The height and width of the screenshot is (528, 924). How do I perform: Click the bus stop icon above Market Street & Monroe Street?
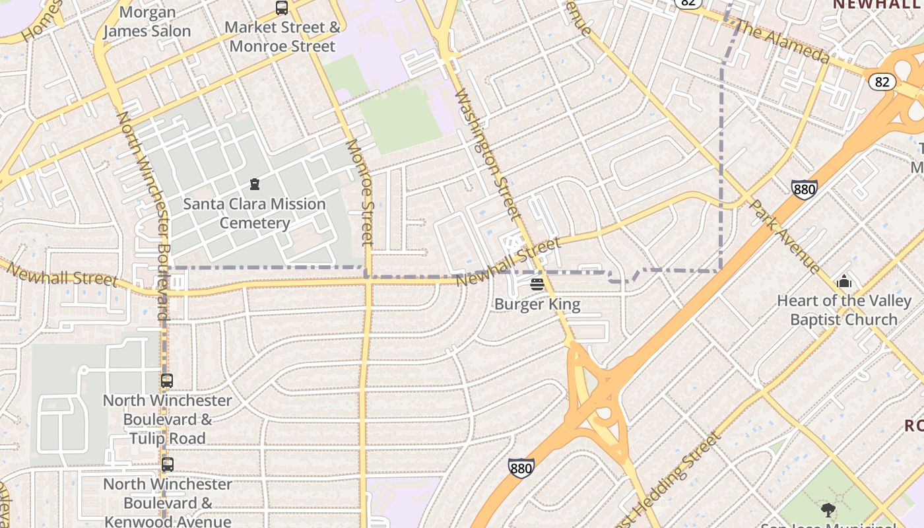coord(282,8)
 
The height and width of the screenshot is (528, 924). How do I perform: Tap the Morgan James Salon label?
coord(147,22)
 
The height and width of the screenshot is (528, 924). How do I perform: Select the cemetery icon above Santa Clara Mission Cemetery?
coord(255,184)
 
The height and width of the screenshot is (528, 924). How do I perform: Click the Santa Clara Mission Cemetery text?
coord(255,213)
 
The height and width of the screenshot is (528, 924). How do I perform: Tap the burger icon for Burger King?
coord(537,284)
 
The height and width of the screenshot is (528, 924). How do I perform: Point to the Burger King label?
coord(537,304)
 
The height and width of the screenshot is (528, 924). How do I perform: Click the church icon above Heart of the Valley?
coord(844,282)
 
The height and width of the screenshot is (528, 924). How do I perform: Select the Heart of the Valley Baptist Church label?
coord(844,310)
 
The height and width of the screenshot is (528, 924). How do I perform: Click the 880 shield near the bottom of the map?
coord(521,469)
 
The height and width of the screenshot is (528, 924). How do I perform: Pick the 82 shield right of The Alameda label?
coord(882,82)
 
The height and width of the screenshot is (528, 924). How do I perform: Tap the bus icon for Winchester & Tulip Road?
coord(167,381)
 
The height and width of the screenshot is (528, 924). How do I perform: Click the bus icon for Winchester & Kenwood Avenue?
coord(168,465)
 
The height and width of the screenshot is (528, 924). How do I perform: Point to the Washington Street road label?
coord(488,154)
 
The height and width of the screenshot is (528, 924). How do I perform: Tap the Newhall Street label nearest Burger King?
coord(508,262)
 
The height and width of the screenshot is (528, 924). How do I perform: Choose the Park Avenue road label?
coord(785,236)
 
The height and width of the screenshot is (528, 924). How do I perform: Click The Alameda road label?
coord(781,42)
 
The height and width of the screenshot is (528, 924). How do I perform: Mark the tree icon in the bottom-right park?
coord(828,510)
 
